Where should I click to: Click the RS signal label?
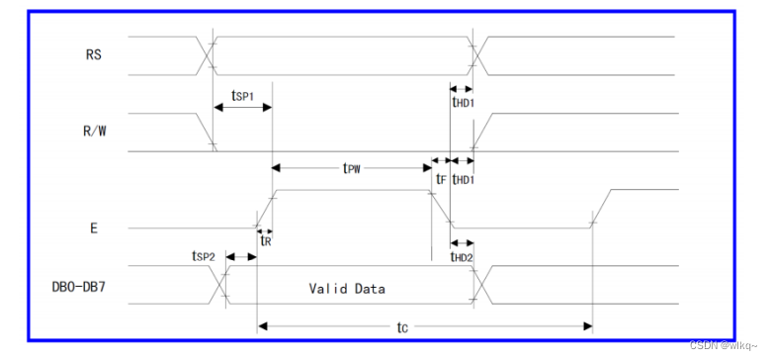point(94,54)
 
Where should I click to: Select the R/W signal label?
point(94,132)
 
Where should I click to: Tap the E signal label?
point(94,228)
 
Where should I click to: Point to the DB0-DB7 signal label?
point(79,287)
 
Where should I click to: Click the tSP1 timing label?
point(242,96)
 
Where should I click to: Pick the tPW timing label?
point(352,168)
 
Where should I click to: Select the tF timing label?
point(441,179)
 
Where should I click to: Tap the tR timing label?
point(265,240)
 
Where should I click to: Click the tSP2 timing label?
point(204,256)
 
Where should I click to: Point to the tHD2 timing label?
point(463,256)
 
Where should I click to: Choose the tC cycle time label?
point(402,328)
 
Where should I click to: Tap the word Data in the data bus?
point(372,288)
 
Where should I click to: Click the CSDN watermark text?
point(724,346)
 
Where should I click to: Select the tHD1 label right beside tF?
point(463,179)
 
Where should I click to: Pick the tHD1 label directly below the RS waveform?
point(463,102)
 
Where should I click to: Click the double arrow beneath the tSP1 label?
point(243,108)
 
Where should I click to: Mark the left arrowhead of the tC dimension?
point(262,326)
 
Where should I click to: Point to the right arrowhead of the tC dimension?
point(587,326)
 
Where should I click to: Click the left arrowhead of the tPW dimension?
point(276,168)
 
